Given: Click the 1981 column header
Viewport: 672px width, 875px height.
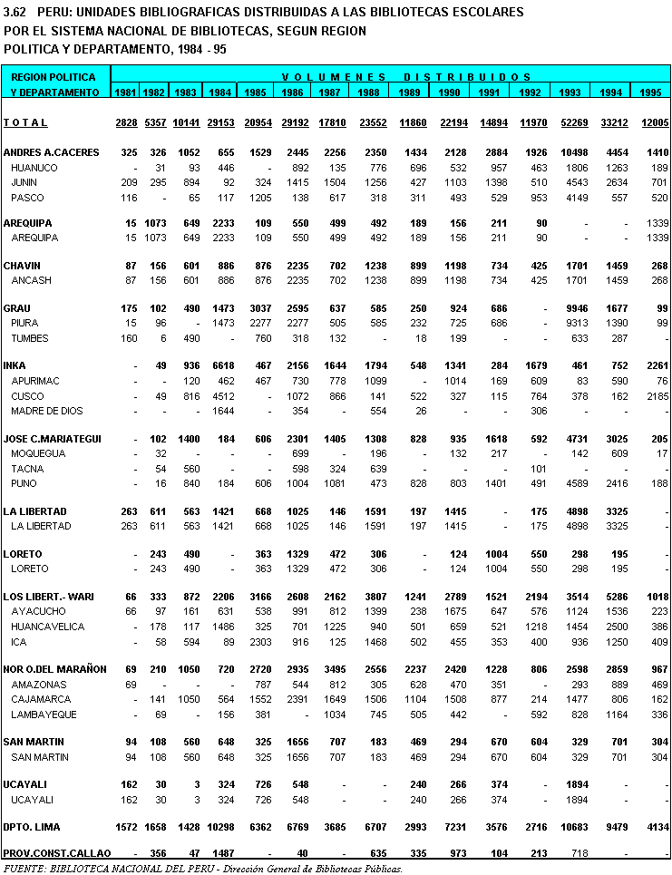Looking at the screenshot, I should point(126,92).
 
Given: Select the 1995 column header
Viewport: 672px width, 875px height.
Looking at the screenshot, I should point(650,92).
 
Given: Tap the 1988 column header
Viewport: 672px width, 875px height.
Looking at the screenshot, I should point(368,92).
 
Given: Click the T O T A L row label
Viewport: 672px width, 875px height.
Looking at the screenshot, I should point(25,122).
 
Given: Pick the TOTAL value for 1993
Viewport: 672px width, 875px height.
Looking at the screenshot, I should point(570,122).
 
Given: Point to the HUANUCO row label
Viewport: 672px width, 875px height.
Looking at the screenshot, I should point(34,168).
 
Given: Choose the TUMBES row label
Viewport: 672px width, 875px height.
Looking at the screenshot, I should point(30,338).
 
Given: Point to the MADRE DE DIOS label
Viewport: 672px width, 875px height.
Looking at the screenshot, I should point(46,411).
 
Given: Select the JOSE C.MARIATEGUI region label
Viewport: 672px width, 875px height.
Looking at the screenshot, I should point(53,438).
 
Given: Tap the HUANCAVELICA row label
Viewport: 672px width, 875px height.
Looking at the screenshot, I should point(48,627).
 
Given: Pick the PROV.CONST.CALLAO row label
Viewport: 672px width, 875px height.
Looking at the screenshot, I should point(56,853).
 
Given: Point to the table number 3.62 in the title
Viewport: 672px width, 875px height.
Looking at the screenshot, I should point(15,12).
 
